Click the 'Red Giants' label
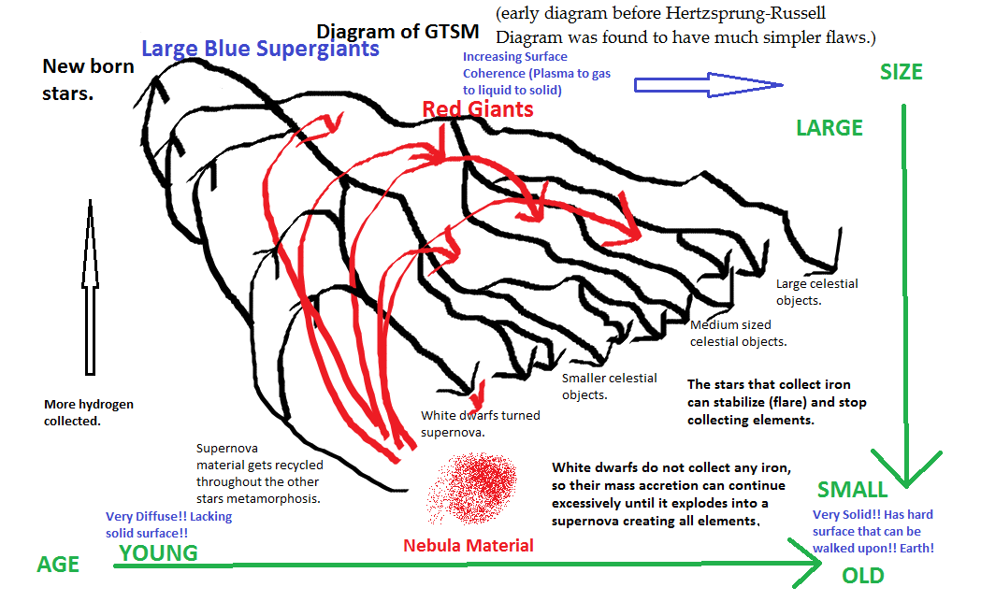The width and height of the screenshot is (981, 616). pyautogui.click(x=478, y=109)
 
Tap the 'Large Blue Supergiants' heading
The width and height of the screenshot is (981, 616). pyautogui.click(x=260, y=48)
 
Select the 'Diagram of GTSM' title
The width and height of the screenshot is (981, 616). pyautogui.click(x=397, y=32)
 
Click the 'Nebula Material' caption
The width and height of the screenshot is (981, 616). pyautogui.click(x=469, y=545)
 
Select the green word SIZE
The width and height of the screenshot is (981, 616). pyautogui.click(x=902, y=72)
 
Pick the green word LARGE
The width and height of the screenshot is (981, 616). pyautogui.click(x=830, y=128)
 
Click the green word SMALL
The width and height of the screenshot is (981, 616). pyautogui.click(x=852, y=490)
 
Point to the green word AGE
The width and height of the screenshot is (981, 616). pyautogui.click(x=58, y=565)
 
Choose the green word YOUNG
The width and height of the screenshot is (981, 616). pyautogui.click(x=158, y=552)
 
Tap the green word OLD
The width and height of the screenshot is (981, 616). pyautogui.click(x=862, y=576)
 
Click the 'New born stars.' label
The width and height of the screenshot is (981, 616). pyautogui.click(x=88, y=79)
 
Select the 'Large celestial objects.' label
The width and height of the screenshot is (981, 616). pyautogui.click(x=816, y=292)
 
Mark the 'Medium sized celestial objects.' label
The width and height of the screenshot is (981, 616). pyautogui.click(x=738, y=334)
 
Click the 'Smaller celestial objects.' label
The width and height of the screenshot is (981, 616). pyautogui.click(x=609, y=386)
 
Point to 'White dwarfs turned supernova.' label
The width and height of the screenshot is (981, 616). pyautogui.click(x=480, y=423)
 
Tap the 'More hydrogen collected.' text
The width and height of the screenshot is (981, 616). pyautogui.click(x=89, y=412)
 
